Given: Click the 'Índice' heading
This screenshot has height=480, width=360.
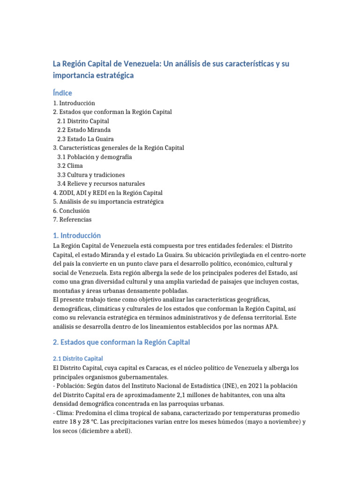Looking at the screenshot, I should [x=62, y=93].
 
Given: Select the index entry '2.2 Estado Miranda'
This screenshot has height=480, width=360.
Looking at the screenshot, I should [x=84, y=130].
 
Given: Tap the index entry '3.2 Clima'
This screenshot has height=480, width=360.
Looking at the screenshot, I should [x=70, y=165].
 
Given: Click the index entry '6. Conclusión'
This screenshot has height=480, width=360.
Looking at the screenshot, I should [x=71, y=210].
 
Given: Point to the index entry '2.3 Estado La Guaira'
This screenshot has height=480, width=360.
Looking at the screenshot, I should [x=85, y=139].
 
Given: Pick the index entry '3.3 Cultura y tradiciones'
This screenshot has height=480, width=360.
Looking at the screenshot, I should [x=91, y=174].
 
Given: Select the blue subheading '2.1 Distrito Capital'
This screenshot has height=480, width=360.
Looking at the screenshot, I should [x=78, y=359].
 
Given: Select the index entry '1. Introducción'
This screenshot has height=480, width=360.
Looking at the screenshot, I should [x=74, y=103].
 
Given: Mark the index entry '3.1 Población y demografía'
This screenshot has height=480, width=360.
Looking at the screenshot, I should [x=94, y=157].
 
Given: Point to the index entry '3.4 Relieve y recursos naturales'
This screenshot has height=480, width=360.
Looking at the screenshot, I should [x=101, y=183].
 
